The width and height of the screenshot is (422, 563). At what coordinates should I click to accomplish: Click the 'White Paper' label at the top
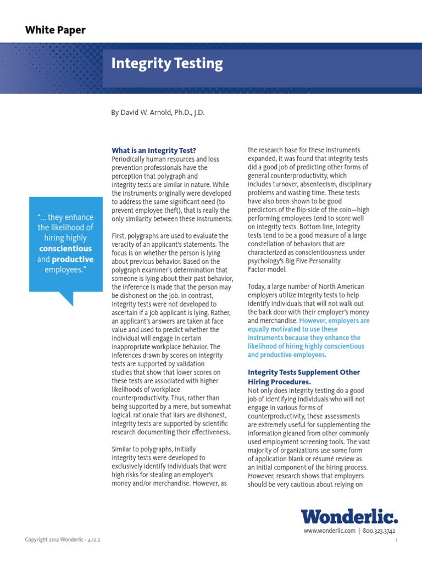pos(55,30)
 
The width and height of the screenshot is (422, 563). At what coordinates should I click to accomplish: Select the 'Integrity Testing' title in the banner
pos(167,64)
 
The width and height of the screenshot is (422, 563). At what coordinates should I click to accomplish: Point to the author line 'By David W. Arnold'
pos(158,112)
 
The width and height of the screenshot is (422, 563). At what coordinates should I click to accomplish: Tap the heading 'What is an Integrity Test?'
pos(154,150)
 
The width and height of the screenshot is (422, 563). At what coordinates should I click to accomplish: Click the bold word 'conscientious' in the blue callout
pos(65,249)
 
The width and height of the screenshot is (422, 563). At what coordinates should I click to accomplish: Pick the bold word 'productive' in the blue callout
pos(73,259)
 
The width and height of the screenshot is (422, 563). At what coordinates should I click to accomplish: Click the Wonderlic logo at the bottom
pos(349,517)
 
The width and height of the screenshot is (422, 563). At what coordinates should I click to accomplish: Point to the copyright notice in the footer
pos(62,540)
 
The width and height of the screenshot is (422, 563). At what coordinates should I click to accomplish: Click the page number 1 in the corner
pos(396,541)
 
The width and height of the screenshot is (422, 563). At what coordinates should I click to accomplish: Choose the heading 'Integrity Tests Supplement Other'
pos(304,372)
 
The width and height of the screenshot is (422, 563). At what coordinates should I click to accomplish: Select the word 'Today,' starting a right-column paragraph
pos(257,287)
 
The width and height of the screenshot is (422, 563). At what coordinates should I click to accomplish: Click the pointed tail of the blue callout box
pos(67,300)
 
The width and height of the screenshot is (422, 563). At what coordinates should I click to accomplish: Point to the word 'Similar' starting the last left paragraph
pos(123,449)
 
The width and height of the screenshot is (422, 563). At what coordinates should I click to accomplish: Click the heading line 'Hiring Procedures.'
pos(279,382)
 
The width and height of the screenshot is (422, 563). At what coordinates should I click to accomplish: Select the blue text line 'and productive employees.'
pos(287,355)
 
